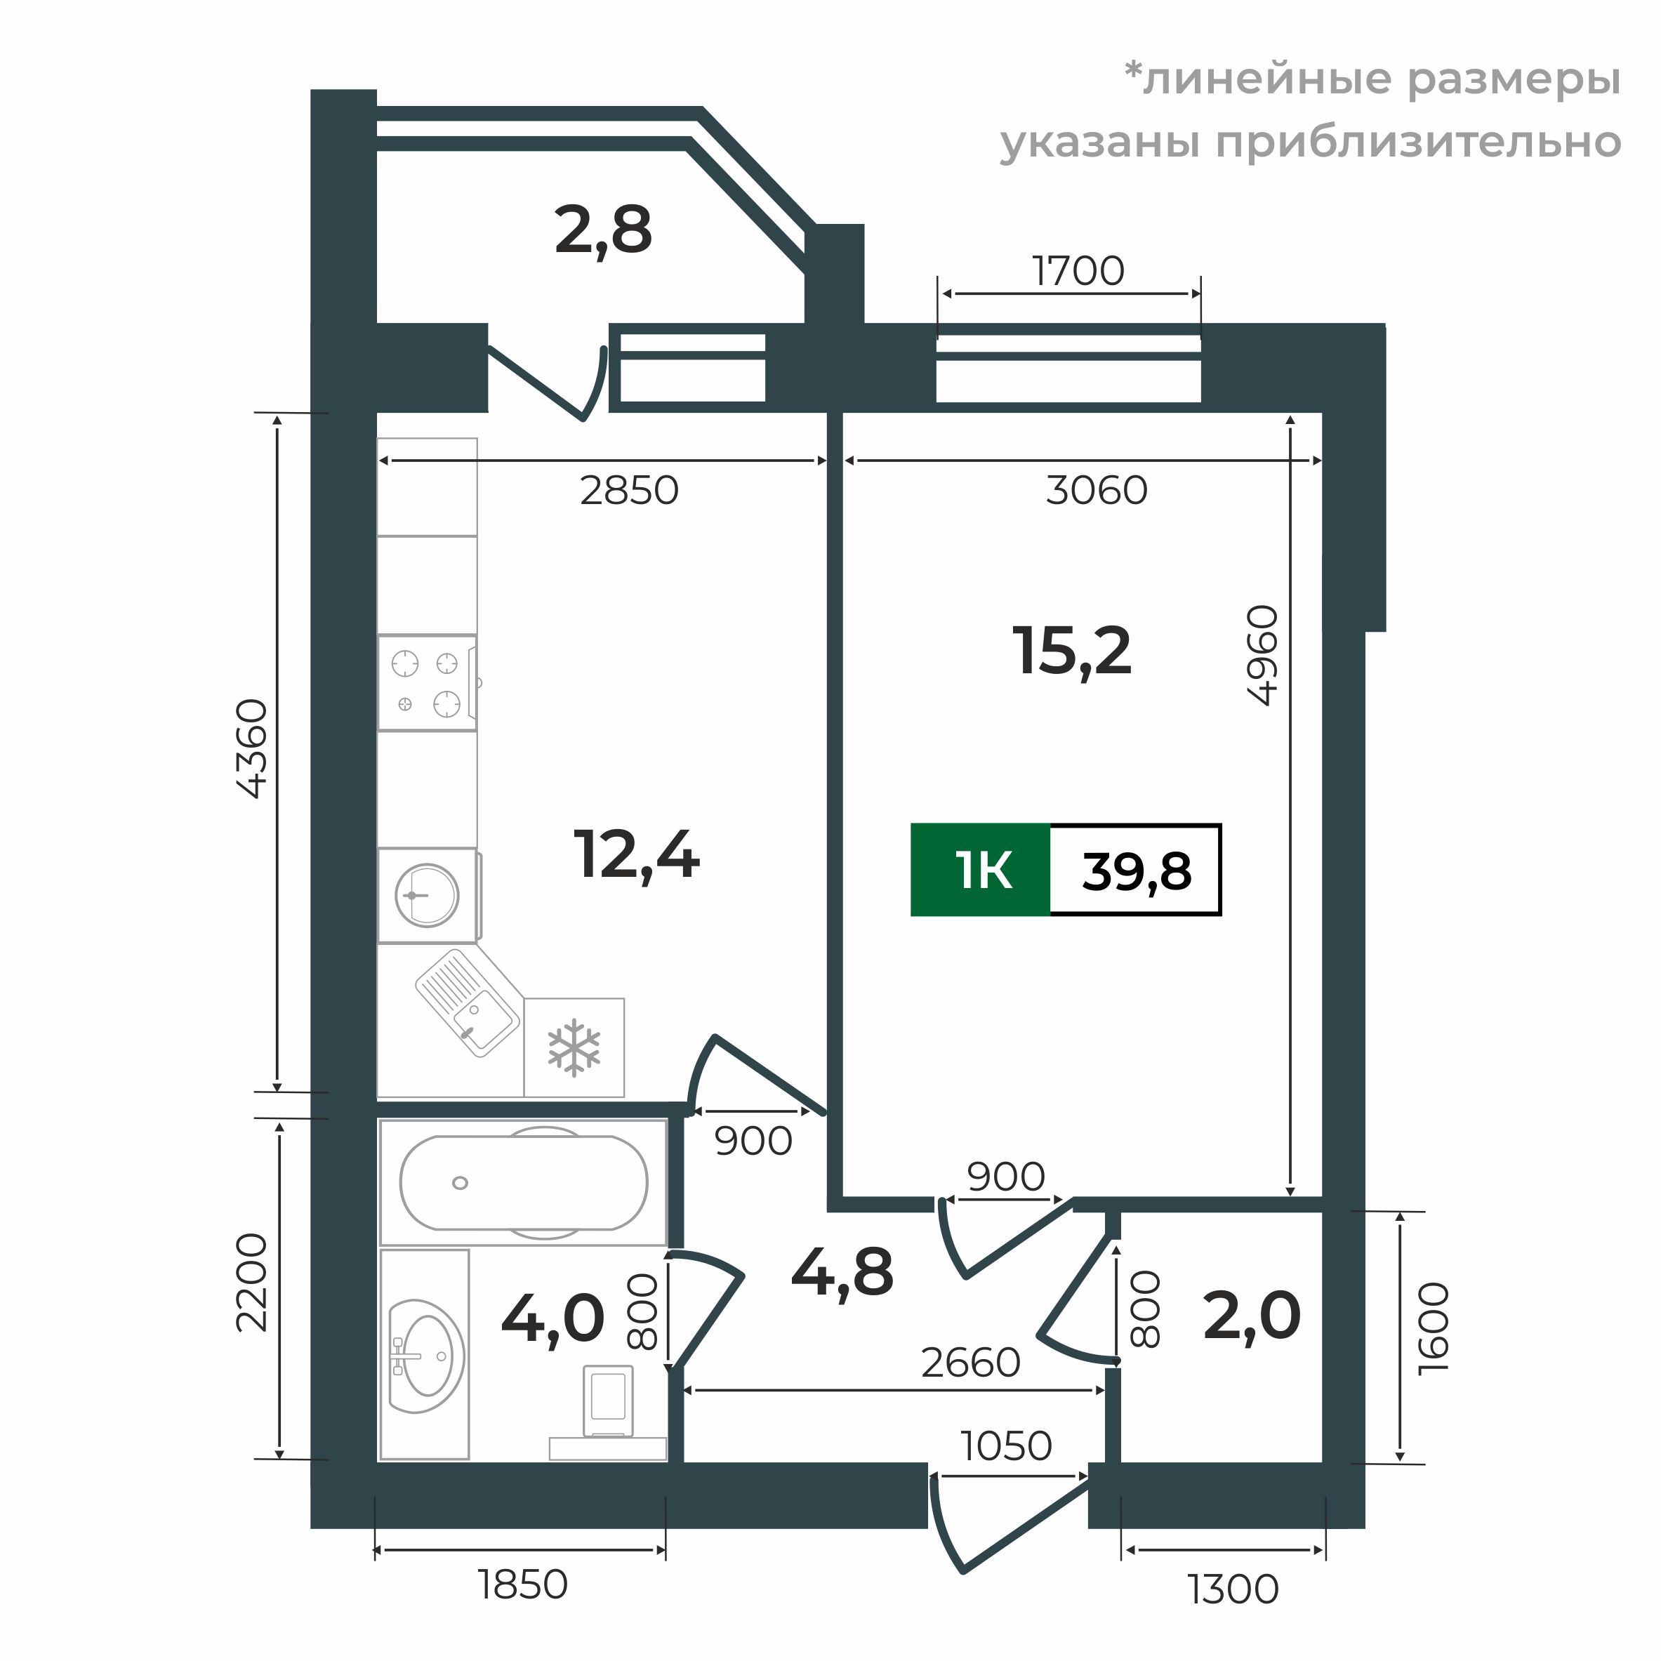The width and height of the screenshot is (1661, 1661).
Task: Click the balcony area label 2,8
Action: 604,231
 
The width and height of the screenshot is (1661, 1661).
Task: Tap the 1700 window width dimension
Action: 1078,272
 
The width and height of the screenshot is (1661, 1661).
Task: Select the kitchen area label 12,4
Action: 636,856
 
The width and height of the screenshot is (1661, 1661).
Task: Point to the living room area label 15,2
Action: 1071,651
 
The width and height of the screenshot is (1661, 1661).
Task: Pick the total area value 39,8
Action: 1136,871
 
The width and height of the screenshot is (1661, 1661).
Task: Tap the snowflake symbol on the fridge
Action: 574,1049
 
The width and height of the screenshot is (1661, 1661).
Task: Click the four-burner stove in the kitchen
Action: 426,684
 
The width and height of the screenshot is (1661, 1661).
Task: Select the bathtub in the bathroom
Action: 523,1183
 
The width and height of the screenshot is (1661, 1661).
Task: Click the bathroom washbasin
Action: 425,1358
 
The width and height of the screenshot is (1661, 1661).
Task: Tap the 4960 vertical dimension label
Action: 1263,656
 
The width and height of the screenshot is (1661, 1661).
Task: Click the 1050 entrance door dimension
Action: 1006,1446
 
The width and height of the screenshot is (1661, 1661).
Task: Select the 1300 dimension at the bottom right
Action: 1233,1589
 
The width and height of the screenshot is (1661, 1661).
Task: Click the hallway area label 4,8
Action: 842,1272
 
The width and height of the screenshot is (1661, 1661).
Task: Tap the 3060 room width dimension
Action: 1096,491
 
